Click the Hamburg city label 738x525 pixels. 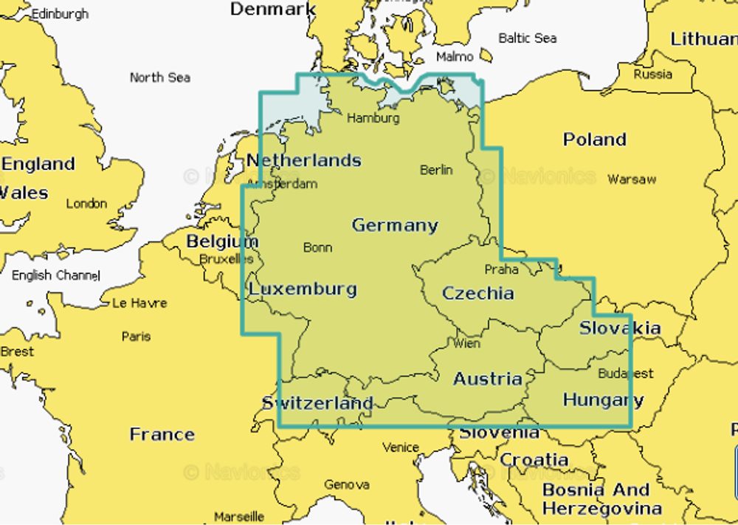373,118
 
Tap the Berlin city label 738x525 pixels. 436,170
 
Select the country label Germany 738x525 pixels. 395,225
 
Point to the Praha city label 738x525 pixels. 501,270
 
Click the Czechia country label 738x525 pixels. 478,293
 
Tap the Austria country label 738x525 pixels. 488,379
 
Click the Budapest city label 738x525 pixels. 626,374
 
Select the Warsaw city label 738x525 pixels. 632,179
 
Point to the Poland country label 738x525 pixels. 595,140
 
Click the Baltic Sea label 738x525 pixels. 528,38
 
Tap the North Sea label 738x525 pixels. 160,78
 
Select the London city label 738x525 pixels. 87,204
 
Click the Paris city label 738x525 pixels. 137,337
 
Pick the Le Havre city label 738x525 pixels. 139,303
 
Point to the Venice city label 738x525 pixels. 401,447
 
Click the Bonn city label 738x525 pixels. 317,248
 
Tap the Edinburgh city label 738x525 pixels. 59,14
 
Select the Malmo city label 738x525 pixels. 455,57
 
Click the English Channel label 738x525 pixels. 55,275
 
